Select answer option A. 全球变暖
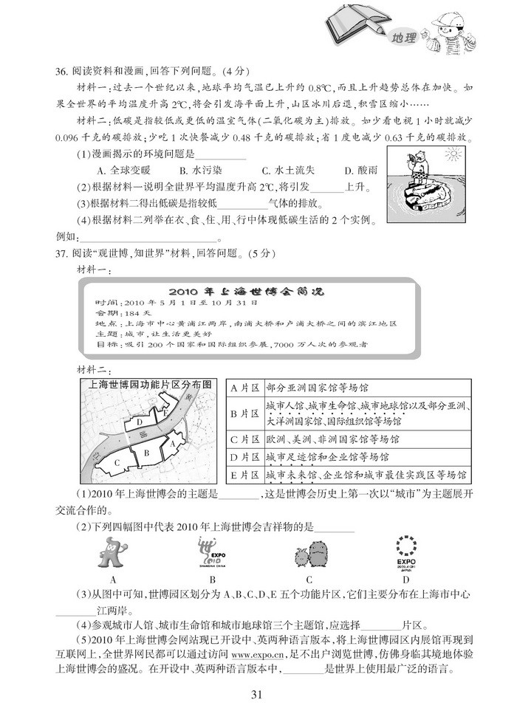(124, 171)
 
